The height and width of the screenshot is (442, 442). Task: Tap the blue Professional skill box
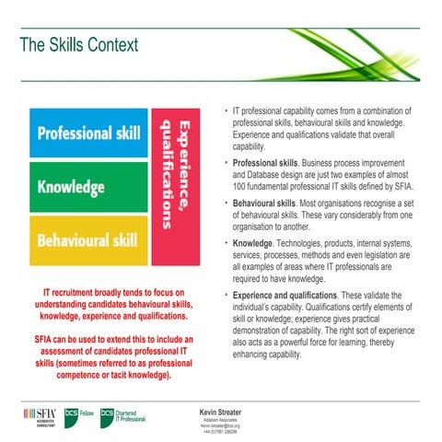pyautogui.click(x=88, y=134)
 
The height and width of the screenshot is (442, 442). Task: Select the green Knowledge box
pyautogui.click(x=88, y=187)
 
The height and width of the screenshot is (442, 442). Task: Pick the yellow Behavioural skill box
pyautogui.click(x=88, y=241)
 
